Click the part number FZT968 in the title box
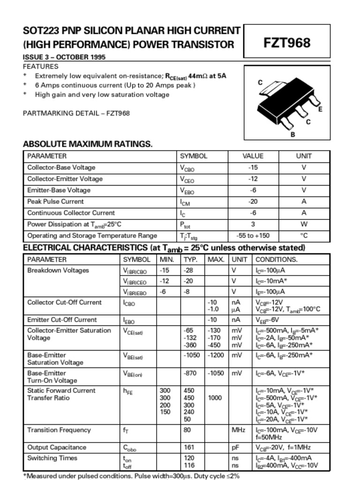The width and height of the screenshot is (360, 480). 286,43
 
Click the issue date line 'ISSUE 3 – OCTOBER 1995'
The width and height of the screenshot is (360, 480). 64,57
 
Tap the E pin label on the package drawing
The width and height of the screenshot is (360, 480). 320,109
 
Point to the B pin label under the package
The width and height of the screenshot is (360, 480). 292,135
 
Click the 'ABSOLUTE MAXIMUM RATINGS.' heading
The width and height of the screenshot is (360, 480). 88,144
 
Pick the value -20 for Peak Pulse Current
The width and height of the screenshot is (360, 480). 253,202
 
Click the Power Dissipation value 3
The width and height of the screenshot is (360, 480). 253,224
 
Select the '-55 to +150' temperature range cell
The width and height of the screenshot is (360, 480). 253,236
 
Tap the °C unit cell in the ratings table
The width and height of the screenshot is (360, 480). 304,236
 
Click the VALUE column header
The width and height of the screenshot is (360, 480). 253,156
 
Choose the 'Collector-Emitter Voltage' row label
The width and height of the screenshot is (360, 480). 65,179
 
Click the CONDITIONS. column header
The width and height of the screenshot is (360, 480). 277,259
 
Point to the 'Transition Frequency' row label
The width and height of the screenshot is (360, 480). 59,430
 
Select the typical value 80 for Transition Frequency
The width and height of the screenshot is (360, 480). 187,430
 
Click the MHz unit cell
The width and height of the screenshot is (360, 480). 239,430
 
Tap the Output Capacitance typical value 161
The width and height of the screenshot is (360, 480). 189,447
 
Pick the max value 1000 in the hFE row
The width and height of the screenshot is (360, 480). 215,398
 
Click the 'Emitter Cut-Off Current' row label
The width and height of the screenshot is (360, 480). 62,320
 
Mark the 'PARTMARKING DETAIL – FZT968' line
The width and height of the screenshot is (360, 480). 76,113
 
